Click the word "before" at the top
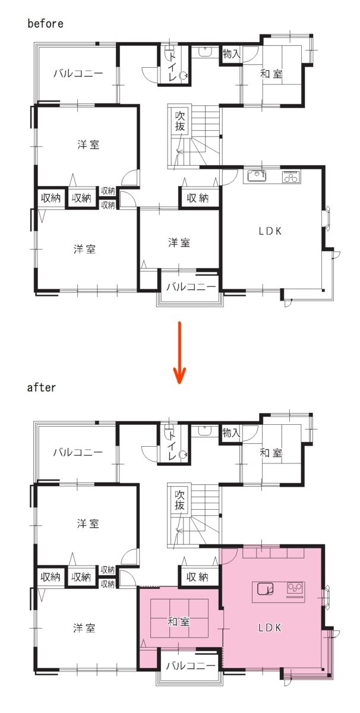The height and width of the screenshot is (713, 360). (45, 24)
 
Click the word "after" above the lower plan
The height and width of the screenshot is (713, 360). (42, 387)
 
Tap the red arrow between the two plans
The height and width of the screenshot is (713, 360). (179, 352)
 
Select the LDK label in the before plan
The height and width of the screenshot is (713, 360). (270, 231)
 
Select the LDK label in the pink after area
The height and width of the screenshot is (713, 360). (269, 627)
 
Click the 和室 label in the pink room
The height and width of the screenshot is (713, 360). (179, 621)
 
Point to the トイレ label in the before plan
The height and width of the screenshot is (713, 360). (172, 67)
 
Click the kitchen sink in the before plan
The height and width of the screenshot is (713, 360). (257, 176)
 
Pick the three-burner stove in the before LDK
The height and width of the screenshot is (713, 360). (291, 176)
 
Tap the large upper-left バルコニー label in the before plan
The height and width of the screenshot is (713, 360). (78, 74)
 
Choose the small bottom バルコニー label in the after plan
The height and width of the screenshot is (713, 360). (191, 665)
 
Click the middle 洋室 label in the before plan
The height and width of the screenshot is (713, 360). (179, 243)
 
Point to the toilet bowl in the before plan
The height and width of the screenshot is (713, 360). (183, 76)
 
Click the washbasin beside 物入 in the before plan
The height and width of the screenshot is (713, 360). (206, 52)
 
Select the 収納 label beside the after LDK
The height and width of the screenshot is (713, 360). (197, 577)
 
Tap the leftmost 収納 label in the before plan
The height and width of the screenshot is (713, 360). (50, 198)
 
